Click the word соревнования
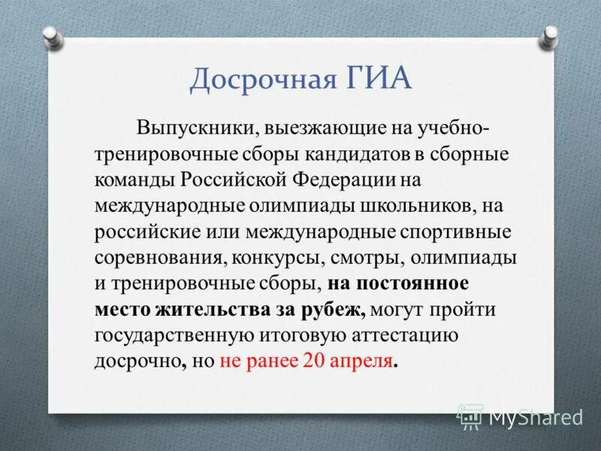(157, 257)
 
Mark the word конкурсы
(276, 257)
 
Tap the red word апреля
(361, 359)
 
